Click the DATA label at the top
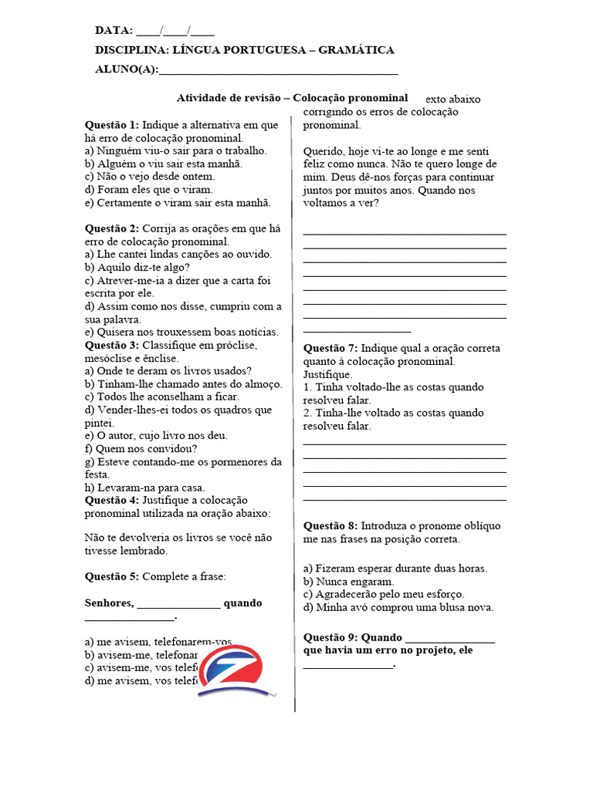tap(114, 31)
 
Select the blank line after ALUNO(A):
tap(278, 70)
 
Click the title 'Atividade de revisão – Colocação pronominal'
tap(292, 98)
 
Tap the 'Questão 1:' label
tap(112, 124)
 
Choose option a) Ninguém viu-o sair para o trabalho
tap(175, 150)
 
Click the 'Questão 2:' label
tap(112, 228)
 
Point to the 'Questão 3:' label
tap(112, 345)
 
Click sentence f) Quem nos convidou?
tap(141, 448)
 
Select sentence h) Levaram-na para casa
tap(145, 488)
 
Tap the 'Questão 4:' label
tap(112, 500)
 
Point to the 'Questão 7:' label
tap(330, 348)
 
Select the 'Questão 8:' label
tap(330, 526)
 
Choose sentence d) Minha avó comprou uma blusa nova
tap(398, 607)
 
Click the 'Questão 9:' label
tap(330, 637)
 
